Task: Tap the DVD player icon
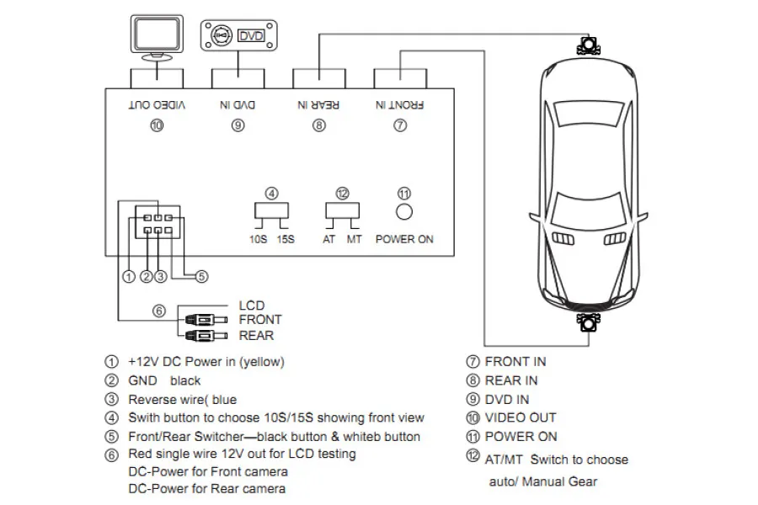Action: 238,36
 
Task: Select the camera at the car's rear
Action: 588,322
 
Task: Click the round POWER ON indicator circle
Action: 404,210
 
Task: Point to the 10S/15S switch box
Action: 273,210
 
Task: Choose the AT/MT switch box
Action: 342,210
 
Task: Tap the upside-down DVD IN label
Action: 238,105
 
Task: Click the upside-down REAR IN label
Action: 318,105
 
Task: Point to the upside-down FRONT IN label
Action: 400,105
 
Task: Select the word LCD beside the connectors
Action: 252,305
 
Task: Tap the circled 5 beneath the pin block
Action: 201,275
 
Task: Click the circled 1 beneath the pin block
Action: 128,275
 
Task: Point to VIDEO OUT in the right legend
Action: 520,417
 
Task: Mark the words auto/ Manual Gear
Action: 543,481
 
